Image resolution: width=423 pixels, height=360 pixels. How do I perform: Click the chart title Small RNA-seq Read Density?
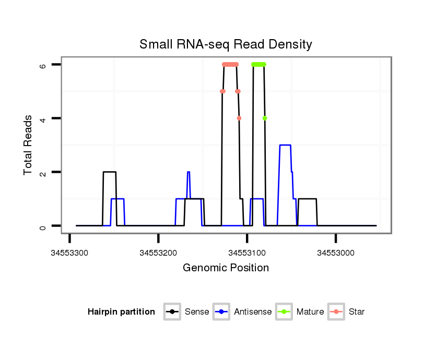pyautogui.click(x=226, y=44)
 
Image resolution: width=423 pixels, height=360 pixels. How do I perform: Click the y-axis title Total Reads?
pyautogui.click(x=28, y=145)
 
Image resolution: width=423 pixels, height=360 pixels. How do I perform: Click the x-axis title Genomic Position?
pyautogui.click(x=226, y=268)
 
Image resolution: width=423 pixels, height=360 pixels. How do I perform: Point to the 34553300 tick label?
pyautogui.click(x=69, y=253)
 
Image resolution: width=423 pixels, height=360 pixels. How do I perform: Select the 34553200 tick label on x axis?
pyautogui.click(x=158, y=253)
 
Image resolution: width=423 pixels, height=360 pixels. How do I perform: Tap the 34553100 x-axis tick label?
pyautogui.click(x=247, y=253)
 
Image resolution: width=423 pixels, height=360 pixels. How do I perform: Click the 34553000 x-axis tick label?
pyautogui.click(x=336, y=253)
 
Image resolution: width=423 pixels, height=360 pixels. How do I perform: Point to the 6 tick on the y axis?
pyautogui.click(x=43, y=65)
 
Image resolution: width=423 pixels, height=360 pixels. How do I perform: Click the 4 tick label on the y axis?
pyautogui.click(x=43, y=118)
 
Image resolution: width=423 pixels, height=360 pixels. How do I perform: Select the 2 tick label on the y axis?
pyautogui.click(x=43, y=172)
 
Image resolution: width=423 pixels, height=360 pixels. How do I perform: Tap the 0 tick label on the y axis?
pyautogui.click(x=43, y=226)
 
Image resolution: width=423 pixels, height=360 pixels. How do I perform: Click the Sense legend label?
pyautogui.click(x=197, y=312)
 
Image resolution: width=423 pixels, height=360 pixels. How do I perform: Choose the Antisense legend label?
pyautogui.click(x=253, y=312)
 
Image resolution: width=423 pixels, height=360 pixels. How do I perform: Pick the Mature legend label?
pyautogui.click(x=310, y=312)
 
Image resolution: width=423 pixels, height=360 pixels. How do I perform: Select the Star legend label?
pyautogui.click(x=357, y=312)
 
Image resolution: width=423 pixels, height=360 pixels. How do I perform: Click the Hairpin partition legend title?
pyautogui.click(x=122, y=312)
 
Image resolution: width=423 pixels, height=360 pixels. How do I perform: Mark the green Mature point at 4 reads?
pyautogui.click(x=265, y=118)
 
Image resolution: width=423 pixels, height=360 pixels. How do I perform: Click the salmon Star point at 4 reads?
pyautogui.click(x=239, y=118)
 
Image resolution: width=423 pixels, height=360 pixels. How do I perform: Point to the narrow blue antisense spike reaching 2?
pyautogui.click(x=189, y=173)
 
